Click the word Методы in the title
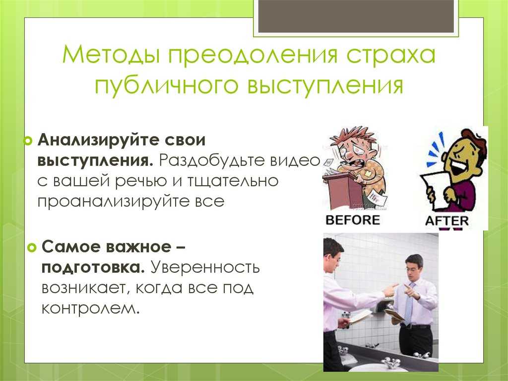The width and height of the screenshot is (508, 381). [x=111, y=55]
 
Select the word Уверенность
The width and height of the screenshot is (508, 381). [x=205, y=268]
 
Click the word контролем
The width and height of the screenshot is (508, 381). [x=90, y=308]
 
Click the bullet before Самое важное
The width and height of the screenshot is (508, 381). [x=32, y=248]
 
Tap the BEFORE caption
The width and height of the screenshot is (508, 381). [x=353, y=220]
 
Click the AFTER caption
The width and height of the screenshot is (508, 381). [x=447, y=221]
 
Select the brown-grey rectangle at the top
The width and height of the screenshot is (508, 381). [x=356, y=16]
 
